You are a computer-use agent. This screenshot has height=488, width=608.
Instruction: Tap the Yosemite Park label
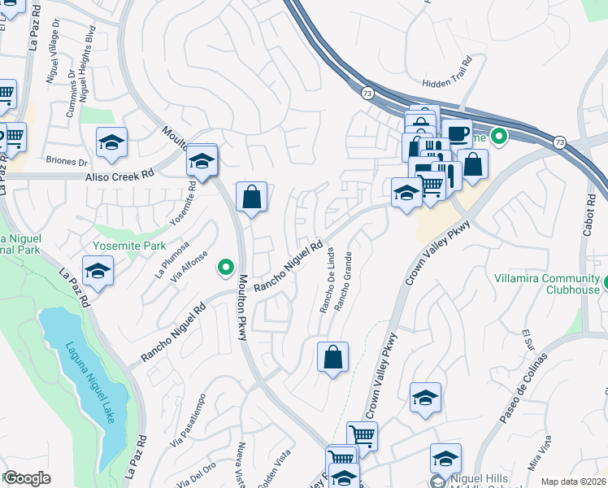click(x=131, y=246)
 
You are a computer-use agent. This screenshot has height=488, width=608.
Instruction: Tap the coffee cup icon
click(x=457, y=133)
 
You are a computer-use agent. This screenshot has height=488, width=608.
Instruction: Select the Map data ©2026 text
click(x=573, y=481)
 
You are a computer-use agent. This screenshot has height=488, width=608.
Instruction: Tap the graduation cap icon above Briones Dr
click(x=111, y=142)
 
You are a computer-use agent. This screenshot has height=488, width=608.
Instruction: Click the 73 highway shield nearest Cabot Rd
click(x=558, y=142)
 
